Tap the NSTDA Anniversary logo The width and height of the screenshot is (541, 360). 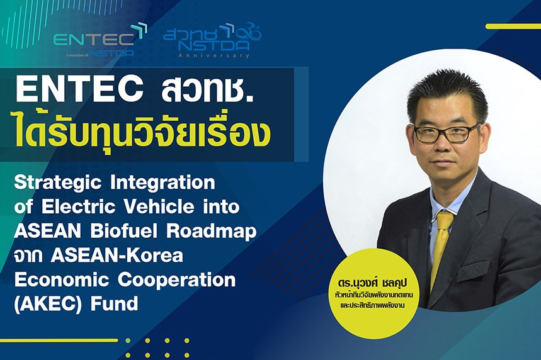(x=212, y=40)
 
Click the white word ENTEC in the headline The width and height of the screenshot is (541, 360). (x=79, y=89)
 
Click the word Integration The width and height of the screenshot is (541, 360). (x=163, y=183)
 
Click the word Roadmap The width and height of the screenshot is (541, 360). (x=212, y=232)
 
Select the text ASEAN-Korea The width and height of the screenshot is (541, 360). (x=117, y=255)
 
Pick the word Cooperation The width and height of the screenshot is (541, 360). (x=176, y=280)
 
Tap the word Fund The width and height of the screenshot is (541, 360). (x=114, y=304)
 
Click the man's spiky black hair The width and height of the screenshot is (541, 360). (x=447, y=93)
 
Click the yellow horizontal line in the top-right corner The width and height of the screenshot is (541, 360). (x=513, y=26)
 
